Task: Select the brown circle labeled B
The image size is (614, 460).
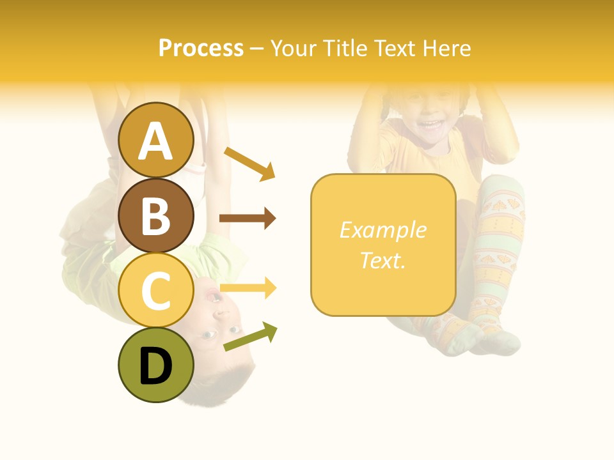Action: click(x=156, y=215)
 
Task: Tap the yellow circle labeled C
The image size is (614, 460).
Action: click(x=156, y=291)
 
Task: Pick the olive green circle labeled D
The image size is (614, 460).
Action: click(x=156, y=365)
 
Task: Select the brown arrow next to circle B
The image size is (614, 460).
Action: click(x=248, y=218)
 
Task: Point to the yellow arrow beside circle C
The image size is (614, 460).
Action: click(x=248, y=288)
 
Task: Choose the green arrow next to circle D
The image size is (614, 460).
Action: click(x=250, y=337)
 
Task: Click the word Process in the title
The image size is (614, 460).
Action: click(x=201, y=49)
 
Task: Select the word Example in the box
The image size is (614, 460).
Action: click(x=382, y=230)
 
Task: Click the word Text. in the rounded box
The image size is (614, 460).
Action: click(x=382, y=260)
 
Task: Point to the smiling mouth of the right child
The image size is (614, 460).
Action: click(x=430, y=123)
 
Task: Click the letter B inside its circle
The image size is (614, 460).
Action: click(x=156, y=215)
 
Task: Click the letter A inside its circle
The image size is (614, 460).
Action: click(x=156, y=141)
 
